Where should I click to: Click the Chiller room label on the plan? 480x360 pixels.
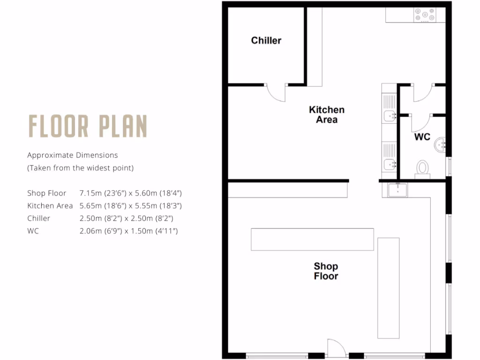point(266,40)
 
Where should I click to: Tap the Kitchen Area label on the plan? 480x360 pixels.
point(327,114)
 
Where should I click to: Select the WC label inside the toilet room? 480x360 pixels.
point(422,137)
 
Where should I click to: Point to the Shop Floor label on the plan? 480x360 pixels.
point(326,271)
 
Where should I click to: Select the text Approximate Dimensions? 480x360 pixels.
point(72,155)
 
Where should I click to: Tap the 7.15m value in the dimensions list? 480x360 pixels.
point(90,193)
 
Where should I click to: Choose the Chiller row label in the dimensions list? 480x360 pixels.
point(38,218)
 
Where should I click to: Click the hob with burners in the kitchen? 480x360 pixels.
point(424,15)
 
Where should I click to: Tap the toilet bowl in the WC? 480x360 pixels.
point(422,168)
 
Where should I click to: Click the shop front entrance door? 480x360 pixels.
point(336,348)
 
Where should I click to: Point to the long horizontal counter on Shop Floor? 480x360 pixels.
point(312,239)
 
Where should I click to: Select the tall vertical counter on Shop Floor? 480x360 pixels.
point(388,288)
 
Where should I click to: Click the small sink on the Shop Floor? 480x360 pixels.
point(397,190)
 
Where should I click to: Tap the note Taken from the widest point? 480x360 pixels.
point(80,168)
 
